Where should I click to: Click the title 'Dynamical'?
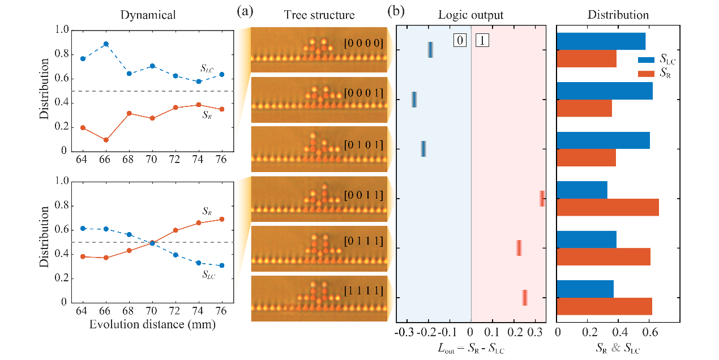click(x=148, y=15)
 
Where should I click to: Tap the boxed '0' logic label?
click(x=460, y=40)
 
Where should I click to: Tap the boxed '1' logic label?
click(x=482, y=40)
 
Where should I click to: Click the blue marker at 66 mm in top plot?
click(x=105, y=44)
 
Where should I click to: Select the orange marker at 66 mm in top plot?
click(x=105, y=140)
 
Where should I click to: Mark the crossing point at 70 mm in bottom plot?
click(x=152, y=243)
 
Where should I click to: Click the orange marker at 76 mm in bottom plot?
click(x=222, y=219)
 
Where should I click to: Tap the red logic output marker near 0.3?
click(x=542, y=199)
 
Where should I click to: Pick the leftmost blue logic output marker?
click(x=414, y=100)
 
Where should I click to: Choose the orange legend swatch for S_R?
click(x=647, y=73)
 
